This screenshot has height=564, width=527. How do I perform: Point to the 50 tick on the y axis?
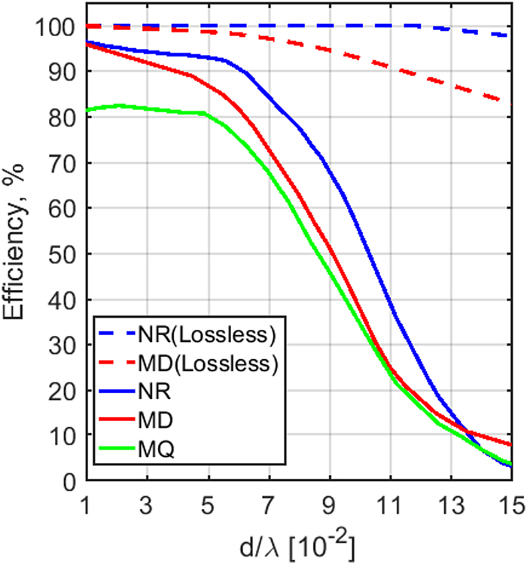(63, 254)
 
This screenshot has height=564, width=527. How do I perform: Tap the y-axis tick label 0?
(69, 481)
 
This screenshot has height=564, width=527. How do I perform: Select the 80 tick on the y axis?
(63, 117)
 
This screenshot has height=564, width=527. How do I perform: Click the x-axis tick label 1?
(87, 500)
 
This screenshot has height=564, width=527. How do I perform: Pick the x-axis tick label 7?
(269, 500)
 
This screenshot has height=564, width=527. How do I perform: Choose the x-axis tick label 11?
(390, 500)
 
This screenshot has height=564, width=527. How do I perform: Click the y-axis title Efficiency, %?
(18, 255)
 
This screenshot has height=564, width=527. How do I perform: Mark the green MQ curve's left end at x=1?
(87, 111)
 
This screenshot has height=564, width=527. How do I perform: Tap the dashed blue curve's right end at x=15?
(511, 35)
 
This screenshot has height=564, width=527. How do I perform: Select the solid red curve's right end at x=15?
(511, 445)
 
